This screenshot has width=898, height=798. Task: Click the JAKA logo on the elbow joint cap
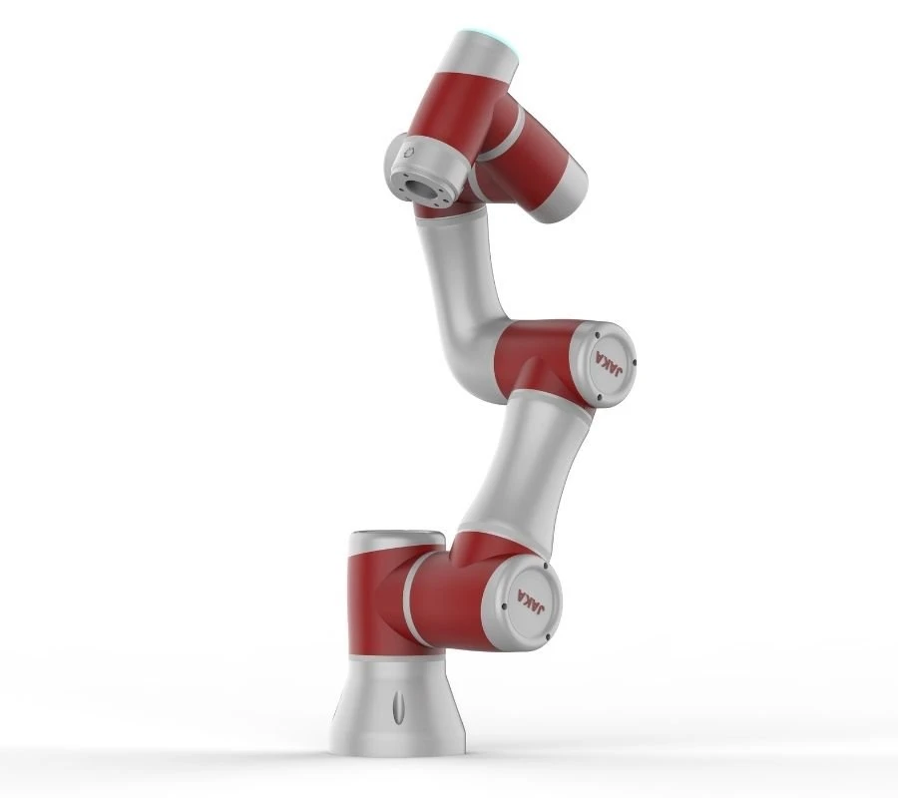click(610, 363)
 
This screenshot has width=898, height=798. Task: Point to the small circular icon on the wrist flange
click(408, 152)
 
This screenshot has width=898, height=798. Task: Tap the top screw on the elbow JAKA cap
click(598, 336)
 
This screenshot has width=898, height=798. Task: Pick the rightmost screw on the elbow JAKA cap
click(635, 362)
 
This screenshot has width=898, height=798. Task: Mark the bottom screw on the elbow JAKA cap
click(599, 397)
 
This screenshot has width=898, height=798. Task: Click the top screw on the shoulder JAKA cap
click(545, 567)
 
